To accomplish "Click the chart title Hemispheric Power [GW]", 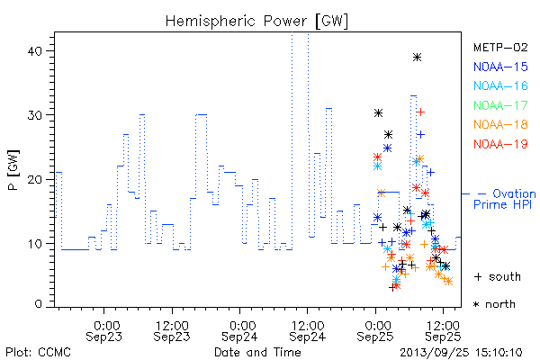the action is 256,22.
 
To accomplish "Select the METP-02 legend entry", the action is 500,47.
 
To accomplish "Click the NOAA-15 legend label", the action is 500,67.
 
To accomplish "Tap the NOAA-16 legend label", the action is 500,85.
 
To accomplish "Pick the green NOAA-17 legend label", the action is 500,105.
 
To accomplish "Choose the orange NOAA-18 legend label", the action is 500,124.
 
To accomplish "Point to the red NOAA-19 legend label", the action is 500,144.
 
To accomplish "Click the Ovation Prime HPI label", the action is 505,199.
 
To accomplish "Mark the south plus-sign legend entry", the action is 498,276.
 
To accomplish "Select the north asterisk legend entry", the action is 494,304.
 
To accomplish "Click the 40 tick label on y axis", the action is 34,51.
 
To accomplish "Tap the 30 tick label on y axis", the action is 34,115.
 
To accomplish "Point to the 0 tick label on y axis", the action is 38,304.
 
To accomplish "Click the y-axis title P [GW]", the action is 13,170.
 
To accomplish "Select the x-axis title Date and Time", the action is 257,352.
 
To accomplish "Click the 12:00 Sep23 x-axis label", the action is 172,331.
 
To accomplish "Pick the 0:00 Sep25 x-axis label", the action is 375,331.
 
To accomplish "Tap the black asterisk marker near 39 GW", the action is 417,58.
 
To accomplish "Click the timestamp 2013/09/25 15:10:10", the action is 461,353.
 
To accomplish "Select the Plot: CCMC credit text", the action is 38,353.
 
